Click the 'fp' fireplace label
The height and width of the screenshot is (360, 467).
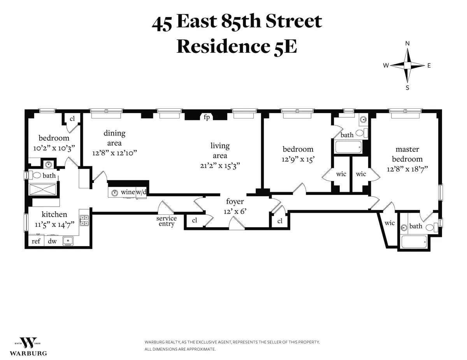click(x=207, y=117)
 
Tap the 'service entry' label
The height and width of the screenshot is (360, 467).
click(x=166, y=221)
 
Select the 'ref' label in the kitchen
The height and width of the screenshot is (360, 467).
click(x=36, y=241)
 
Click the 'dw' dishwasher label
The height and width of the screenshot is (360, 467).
click(x=52, y=241)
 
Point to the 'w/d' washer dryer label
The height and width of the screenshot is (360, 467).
click(x=141, y=192)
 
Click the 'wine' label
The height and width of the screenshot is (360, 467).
click(x=128, y=192)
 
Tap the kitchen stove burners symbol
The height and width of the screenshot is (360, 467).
click(x=84, y=221)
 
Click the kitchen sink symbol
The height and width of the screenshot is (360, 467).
click(x=68, y=241)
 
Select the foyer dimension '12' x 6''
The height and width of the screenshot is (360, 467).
click(x=235, y=212)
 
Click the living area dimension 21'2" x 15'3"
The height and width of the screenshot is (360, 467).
click(x=220, y=165)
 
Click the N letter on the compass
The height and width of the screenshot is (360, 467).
click(x=407, y=43)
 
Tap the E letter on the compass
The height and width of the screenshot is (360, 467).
click(x=429, y=66)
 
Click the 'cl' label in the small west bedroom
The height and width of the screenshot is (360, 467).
click(x=72, y=119)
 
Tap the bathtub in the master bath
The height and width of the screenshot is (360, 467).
click(x=413, y=242)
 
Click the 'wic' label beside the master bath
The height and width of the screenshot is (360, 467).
click(x=389, y=223)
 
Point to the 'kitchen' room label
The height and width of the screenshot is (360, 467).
click(x=54, y=214)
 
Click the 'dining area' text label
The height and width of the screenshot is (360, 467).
click(x=114, y=138)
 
